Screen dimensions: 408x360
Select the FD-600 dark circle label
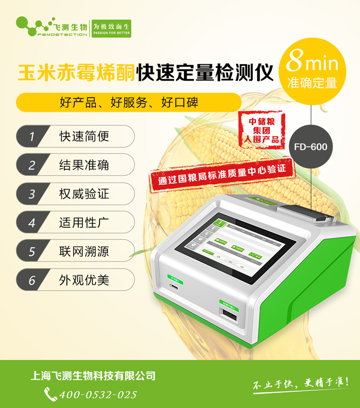click(311, 146)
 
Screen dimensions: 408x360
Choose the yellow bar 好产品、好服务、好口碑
click(128, 102)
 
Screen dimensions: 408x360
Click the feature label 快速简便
click(84, 136)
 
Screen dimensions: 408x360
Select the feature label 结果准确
click(84, 165)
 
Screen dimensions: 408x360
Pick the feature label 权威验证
click(84, 194)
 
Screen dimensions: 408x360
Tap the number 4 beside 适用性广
click(32, 222)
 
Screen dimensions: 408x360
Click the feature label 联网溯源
click(84, 251)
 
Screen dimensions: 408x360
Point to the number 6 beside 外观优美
click(32, 280)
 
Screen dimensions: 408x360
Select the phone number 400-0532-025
click(98, 395)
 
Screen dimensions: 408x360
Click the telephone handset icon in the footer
click(50, 394)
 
